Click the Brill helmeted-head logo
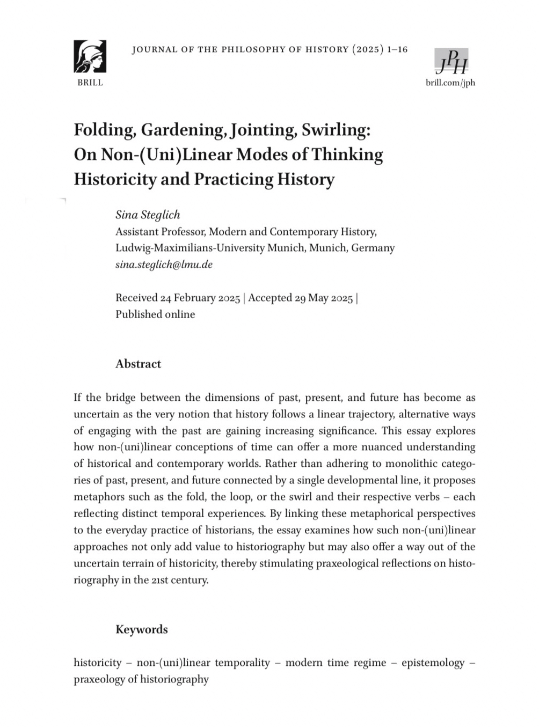click(x=90, y=56)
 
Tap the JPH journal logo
click(x=451, y=61)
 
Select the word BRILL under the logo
click(x=90, y=83)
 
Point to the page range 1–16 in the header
click(x=397, y=50)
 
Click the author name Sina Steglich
click(x=148, y=215)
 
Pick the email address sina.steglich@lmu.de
click(x=164, y=264)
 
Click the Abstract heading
click(x=138, y=364)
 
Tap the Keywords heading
click(x=141, y=629)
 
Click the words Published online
click(x=155, y=314)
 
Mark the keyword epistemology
click(x=433, y=663)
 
